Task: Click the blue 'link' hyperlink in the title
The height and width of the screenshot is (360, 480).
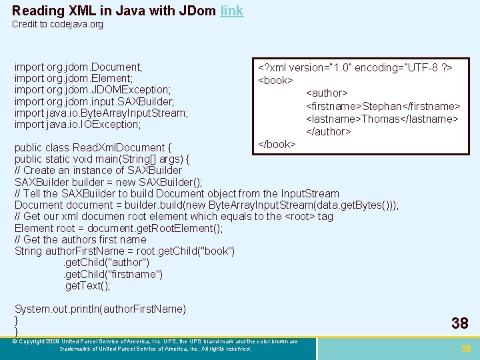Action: tap(231, 11)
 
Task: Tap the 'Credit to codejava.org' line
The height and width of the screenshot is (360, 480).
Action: tap(57, 25)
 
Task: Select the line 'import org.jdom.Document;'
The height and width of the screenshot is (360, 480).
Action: tap(78, 67)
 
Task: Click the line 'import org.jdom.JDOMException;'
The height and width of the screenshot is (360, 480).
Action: tap(93, 90)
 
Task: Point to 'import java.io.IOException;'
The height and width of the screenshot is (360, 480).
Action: tap(77, 124)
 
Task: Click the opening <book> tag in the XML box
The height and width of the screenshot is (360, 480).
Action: tap(276, 81)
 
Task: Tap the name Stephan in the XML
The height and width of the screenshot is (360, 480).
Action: tap(383, 106)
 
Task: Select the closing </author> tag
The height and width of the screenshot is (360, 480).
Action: tap(328, 131)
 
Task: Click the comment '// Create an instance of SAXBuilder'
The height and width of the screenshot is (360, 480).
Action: tap(98, 170)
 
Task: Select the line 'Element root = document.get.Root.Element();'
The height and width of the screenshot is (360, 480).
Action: tap(119, 227)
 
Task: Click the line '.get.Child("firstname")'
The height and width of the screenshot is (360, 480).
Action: tap(113, 274)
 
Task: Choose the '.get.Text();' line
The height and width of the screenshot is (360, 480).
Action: tap(87, 285)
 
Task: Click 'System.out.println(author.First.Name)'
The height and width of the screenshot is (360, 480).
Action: tap(100, 309)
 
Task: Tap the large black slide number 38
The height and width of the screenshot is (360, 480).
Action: tap(460, 323)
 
